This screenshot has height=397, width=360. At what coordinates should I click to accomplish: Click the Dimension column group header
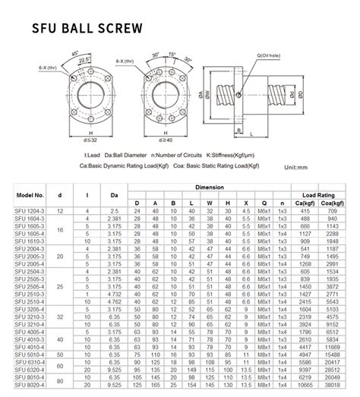(x=209, y=186)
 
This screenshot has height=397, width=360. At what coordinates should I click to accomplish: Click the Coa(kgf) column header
(x=331, y=203)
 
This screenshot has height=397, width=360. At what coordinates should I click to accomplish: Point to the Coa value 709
(x=331, y=210)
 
